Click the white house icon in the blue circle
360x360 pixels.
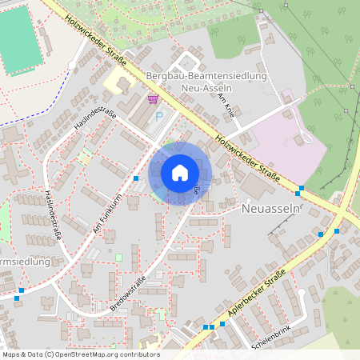tap(180, 172)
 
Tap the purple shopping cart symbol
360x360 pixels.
tap(153, 99)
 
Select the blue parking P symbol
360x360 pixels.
tap(158, 116)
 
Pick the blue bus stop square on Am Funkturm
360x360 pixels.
tap(137, 178)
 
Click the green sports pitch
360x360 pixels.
tap(18, 36)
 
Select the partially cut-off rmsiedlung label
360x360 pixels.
tap(26, 262)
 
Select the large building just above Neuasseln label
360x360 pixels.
tap(256, 186)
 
